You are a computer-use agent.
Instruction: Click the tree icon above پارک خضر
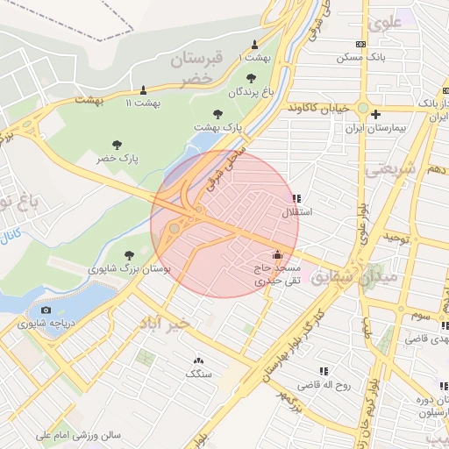coord(117,145)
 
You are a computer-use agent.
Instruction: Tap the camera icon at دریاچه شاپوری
coord(46,310)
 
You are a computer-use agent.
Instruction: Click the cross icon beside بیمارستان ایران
coord(375,114)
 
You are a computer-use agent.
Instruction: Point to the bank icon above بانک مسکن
coord(360,44)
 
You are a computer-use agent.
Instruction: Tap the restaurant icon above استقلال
coord(296,199)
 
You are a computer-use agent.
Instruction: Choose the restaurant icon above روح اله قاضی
coord(324,371)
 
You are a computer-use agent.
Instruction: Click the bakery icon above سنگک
coord(197,360)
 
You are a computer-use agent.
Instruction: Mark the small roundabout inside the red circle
coord(175,228)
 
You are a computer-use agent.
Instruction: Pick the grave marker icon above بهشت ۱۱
coord(143,89)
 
